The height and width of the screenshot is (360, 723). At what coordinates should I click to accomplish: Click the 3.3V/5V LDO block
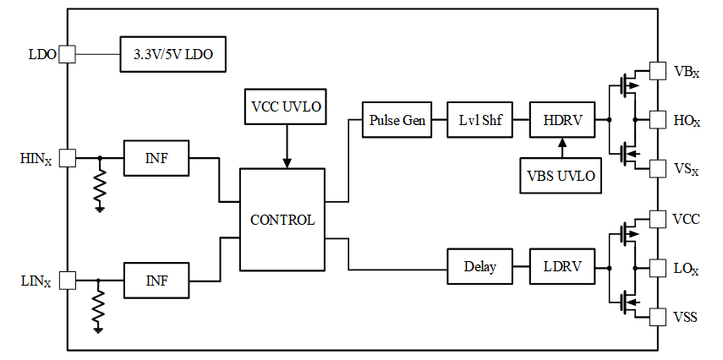[x=173, y=54]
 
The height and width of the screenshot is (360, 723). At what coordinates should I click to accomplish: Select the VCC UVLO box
[x=286, y=106]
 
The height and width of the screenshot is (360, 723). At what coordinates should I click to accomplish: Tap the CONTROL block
[x=282, y=220]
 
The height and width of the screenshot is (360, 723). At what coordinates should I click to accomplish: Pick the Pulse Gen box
[x=397, y=120]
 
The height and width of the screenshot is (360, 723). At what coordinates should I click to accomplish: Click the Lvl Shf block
[x=479, y=120]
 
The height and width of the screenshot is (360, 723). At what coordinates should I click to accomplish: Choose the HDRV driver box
[x=562, y=120]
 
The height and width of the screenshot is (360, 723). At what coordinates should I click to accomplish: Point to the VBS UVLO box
[x=561, y=175]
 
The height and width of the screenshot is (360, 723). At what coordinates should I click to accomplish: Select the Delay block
[x=479, y=266]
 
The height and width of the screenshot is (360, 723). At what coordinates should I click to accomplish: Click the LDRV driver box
[x=562, y=266]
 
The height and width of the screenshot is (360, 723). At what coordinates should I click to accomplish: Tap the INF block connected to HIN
[x=156, y=158]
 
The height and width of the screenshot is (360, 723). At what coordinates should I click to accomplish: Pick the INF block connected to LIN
[x=156, y=281]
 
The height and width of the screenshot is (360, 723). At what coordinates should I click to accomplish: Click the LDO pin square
[x=68, y=54]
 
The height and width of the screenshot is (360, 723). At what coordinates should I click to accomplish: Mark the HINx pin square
[x=68, y=158]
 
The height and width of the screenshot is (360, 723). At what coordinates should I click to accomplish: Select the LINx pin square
[x=68, y=280]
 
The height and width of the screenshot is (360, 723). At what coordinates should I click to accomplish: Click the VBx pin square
[x=658, y=71]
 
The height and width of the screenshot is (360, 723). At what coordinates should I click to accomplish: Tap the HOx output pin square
[x=658, y=120]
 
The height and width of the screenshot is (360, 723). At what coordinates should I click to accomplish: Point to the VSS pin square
[x=658, y=317]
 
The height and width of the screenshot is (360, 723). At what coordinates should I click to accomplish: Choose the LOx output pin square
[x=658, y=268]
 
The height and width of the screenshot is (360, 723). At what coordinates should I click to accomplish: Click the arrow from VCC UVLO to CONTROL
[x=287, y=146]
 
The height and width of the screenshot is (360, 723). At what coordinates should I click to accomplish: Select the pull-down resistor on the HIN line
[x=100, y=184]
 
